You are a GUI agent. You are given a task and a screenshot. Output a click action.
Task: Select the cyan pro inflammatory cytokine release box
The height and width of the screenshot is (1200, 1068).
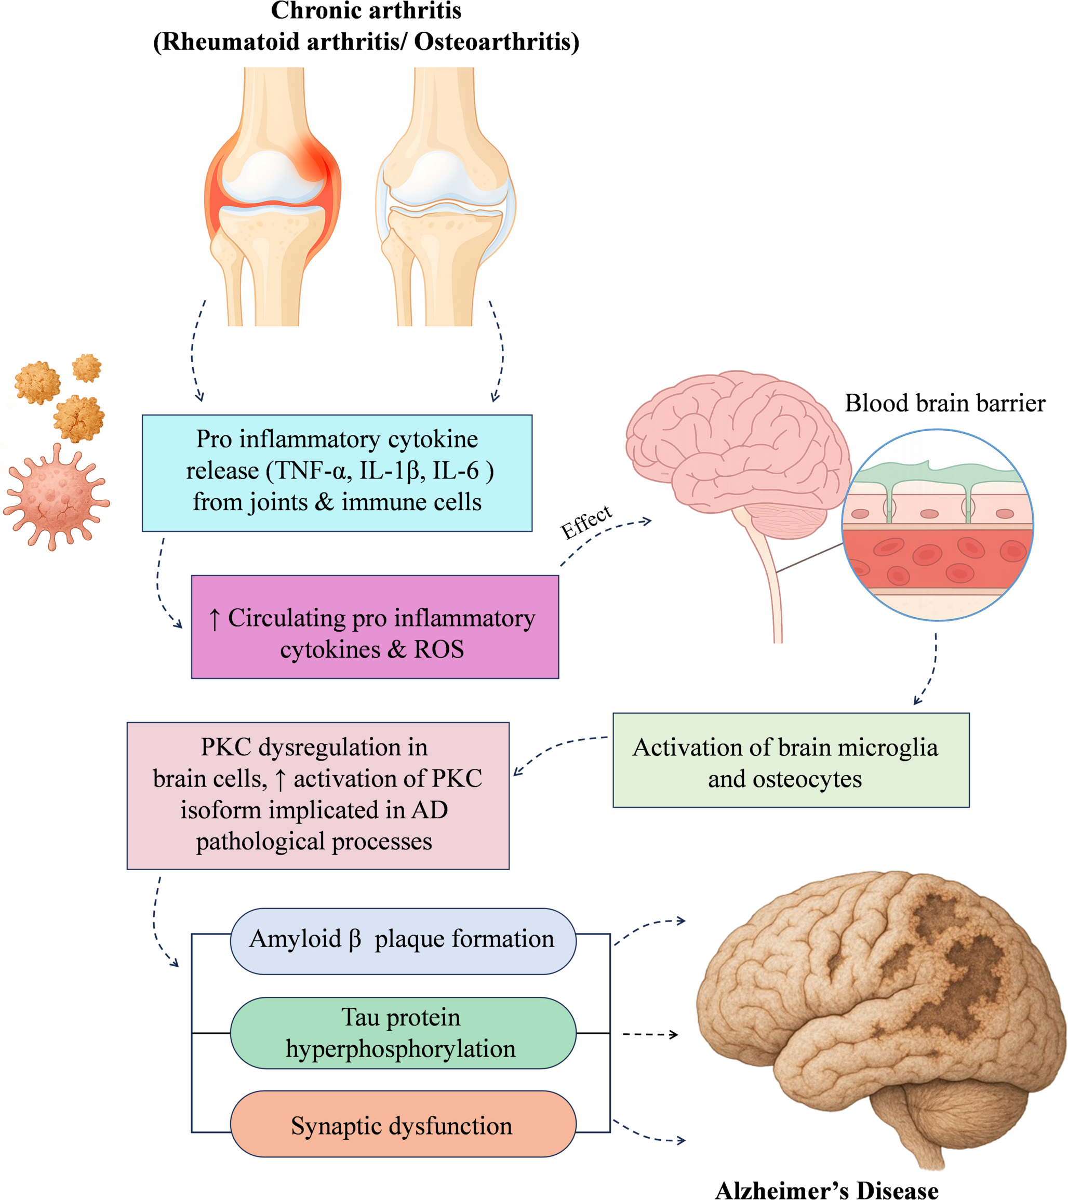[x=337, y=473]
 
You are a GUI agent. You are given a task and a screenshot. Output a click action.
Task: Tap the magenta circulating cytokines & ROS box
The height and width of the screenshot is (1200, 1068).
[x=375, y=626]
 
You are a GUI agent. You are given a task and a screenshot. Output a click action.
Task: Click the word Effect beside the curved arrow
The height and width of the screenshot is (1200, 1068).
[x=586, y=522]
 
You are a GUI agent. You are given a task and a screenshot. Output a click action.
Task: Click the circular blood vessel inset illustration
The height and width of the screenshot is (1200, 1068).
[x=937, y=525]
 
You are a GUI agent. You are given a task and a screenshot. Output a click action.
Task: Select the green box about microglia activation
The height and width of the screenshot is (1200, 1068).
[x=790, y=761]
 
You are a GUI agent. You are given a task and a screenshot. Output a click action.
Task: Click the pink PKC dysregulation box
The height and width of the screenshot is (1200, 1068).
[x=317, y=795]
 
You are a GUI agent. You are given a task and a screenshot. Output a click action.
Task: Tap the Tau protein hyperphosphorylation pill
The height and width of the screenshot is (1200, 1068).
[x=403, y=1033]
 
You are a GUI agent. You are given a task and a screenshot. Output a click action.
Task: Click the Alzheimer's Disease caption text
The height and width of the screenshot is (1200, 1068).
[x=826, y=1190]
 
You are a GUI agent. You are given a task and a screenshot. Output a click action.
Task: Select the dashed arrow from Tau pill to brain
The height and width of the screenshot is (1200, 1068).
[x=650, y=1034]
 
